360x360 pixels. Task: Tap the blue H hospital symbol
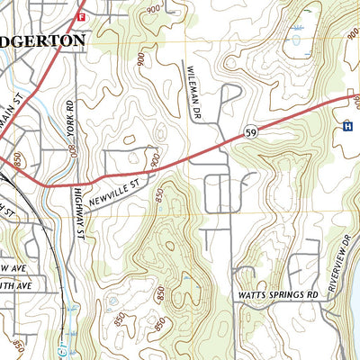coord(346,127)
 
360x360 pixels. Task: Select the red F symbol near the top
coord(81,16)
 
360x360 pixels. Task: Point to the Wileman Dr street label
coord(191,93)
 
